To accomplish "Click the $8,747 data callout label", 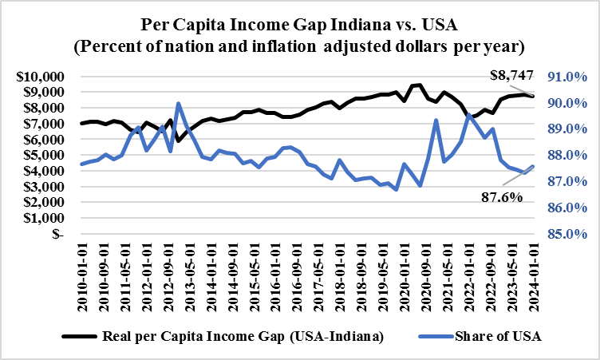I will click(x=511, y=76).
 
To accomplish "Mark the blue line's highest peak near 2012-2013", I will click(x=178, y=104).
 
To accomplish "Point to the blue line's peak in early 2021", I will click(x=436, y=121).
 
